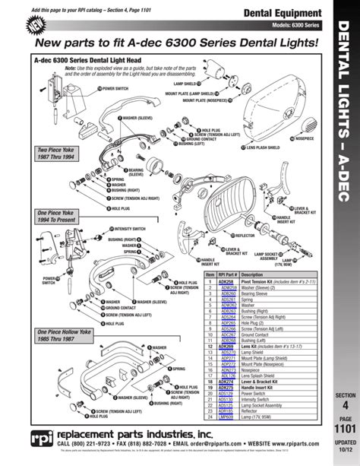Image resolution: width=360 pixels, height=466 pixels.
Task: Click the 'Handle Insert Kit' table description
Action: click(262, 366)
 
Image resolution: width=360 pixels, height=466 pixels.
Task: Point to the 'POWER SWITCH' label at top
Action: click(115, 87)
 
